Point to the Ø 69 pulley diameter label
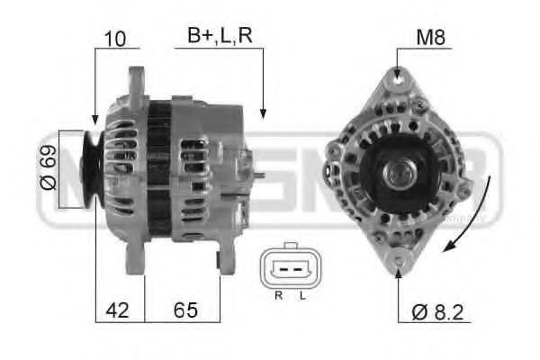pyautogui.click(x=48, y=169)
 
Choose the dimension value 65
pyautogui.click(x=185, y=310)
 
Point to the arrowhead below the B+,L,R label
pyautogui.click(x=263, y=112)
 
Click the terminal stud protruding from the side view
pyautogui.click(x=258, y=175)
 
